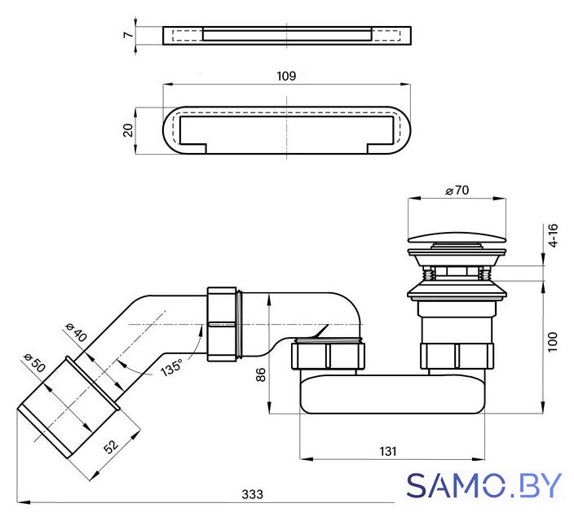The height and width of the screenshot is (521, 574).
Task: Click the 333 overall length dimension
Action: [x=252, y=494]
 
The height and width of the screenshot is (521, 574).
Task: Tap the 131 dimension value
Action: [x=387, y=452]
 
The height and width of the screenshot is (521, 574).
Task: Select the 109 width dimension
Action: [x=286, y=76]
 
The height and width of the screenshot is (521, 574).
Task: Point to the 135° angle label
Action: [x=171, y=367]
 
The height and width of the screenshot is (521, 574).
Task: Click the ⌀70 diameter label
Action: [x=457, y=190]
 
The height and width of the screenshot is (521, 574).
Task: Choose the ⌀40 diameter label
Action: [x=76, y=332]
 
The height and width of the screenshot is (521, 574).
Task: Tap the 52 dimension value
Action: [x=111, y=445]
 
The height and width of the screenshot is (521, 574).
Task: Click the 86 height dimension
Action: [x=260, y=374]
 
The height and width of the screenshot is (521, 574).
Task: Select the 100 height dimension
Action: [x=553, y=342]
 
